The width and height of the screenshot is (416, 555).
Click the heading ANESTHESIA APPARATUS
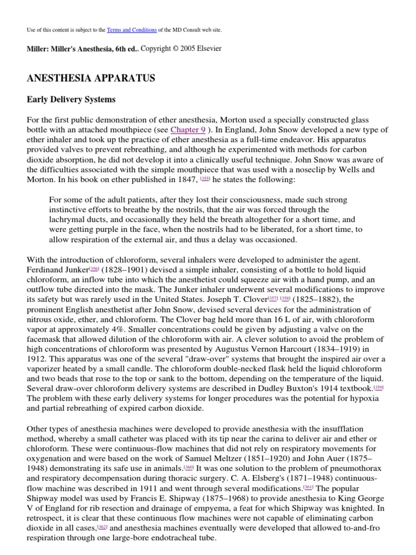click(x=90, y=78)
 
